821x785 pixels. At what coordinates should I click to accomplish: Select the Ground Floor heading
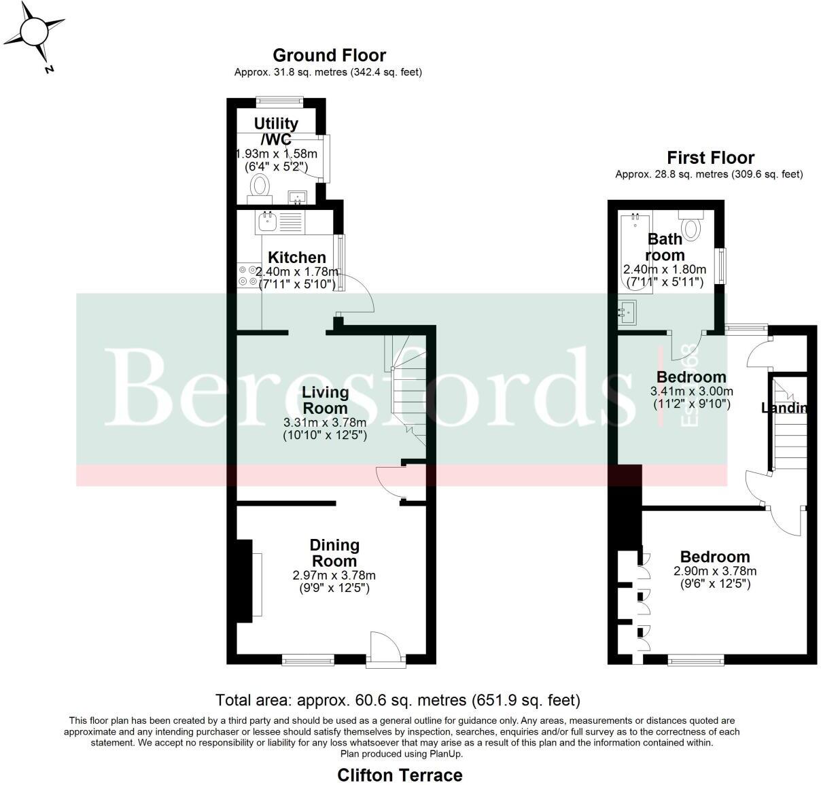pos(329,55)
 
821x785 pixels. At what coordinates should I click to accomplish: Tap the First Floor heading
pos(710,158)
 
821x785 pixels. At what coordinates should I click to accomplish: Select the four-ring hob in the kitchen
pos(248,275)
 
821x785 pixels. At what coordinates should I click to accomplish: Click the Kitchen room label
pos(297,258)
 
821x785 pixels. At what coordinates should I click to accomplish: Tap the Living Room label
pos(325,400)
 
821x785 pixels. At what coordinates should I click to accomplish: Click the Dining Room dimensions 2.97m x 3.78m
pos(334,576)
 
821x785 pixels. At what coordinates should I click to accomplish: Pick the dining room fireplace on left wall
pos(245,580)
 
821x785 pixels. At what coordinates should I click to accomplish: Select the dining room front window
pos(308,659)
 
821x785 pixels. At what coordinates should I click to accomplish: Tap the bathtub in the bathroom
pos(635,251)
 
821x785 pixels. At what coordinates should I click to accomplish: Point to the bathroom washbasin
pos(627,313)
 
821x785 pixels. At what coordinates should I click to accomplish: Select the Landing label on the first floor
pos(784,408)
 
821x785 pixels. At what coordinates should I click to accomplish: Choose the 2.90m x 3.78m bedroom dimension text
pos(715,571)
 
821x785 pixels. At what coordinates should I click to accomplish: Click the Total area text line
pos(398,699)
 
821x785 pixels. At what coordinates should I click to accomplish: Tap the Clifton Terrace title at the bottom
pos(400,775)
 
